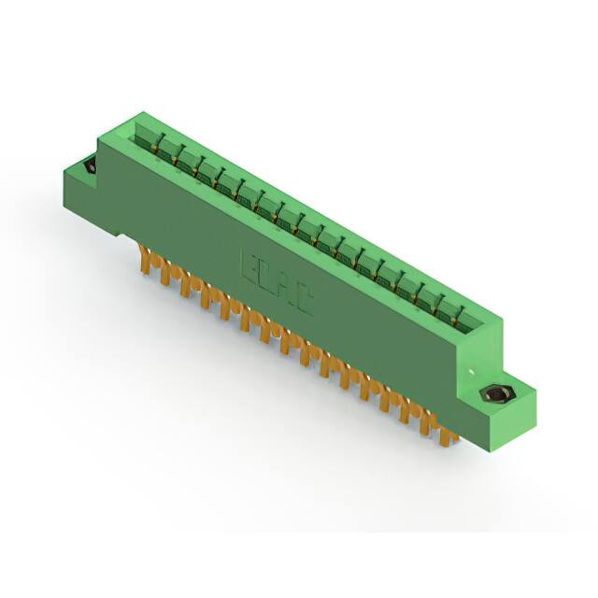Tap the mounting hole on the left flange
(90, 166)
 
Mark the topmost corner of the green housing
(141, 113)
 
